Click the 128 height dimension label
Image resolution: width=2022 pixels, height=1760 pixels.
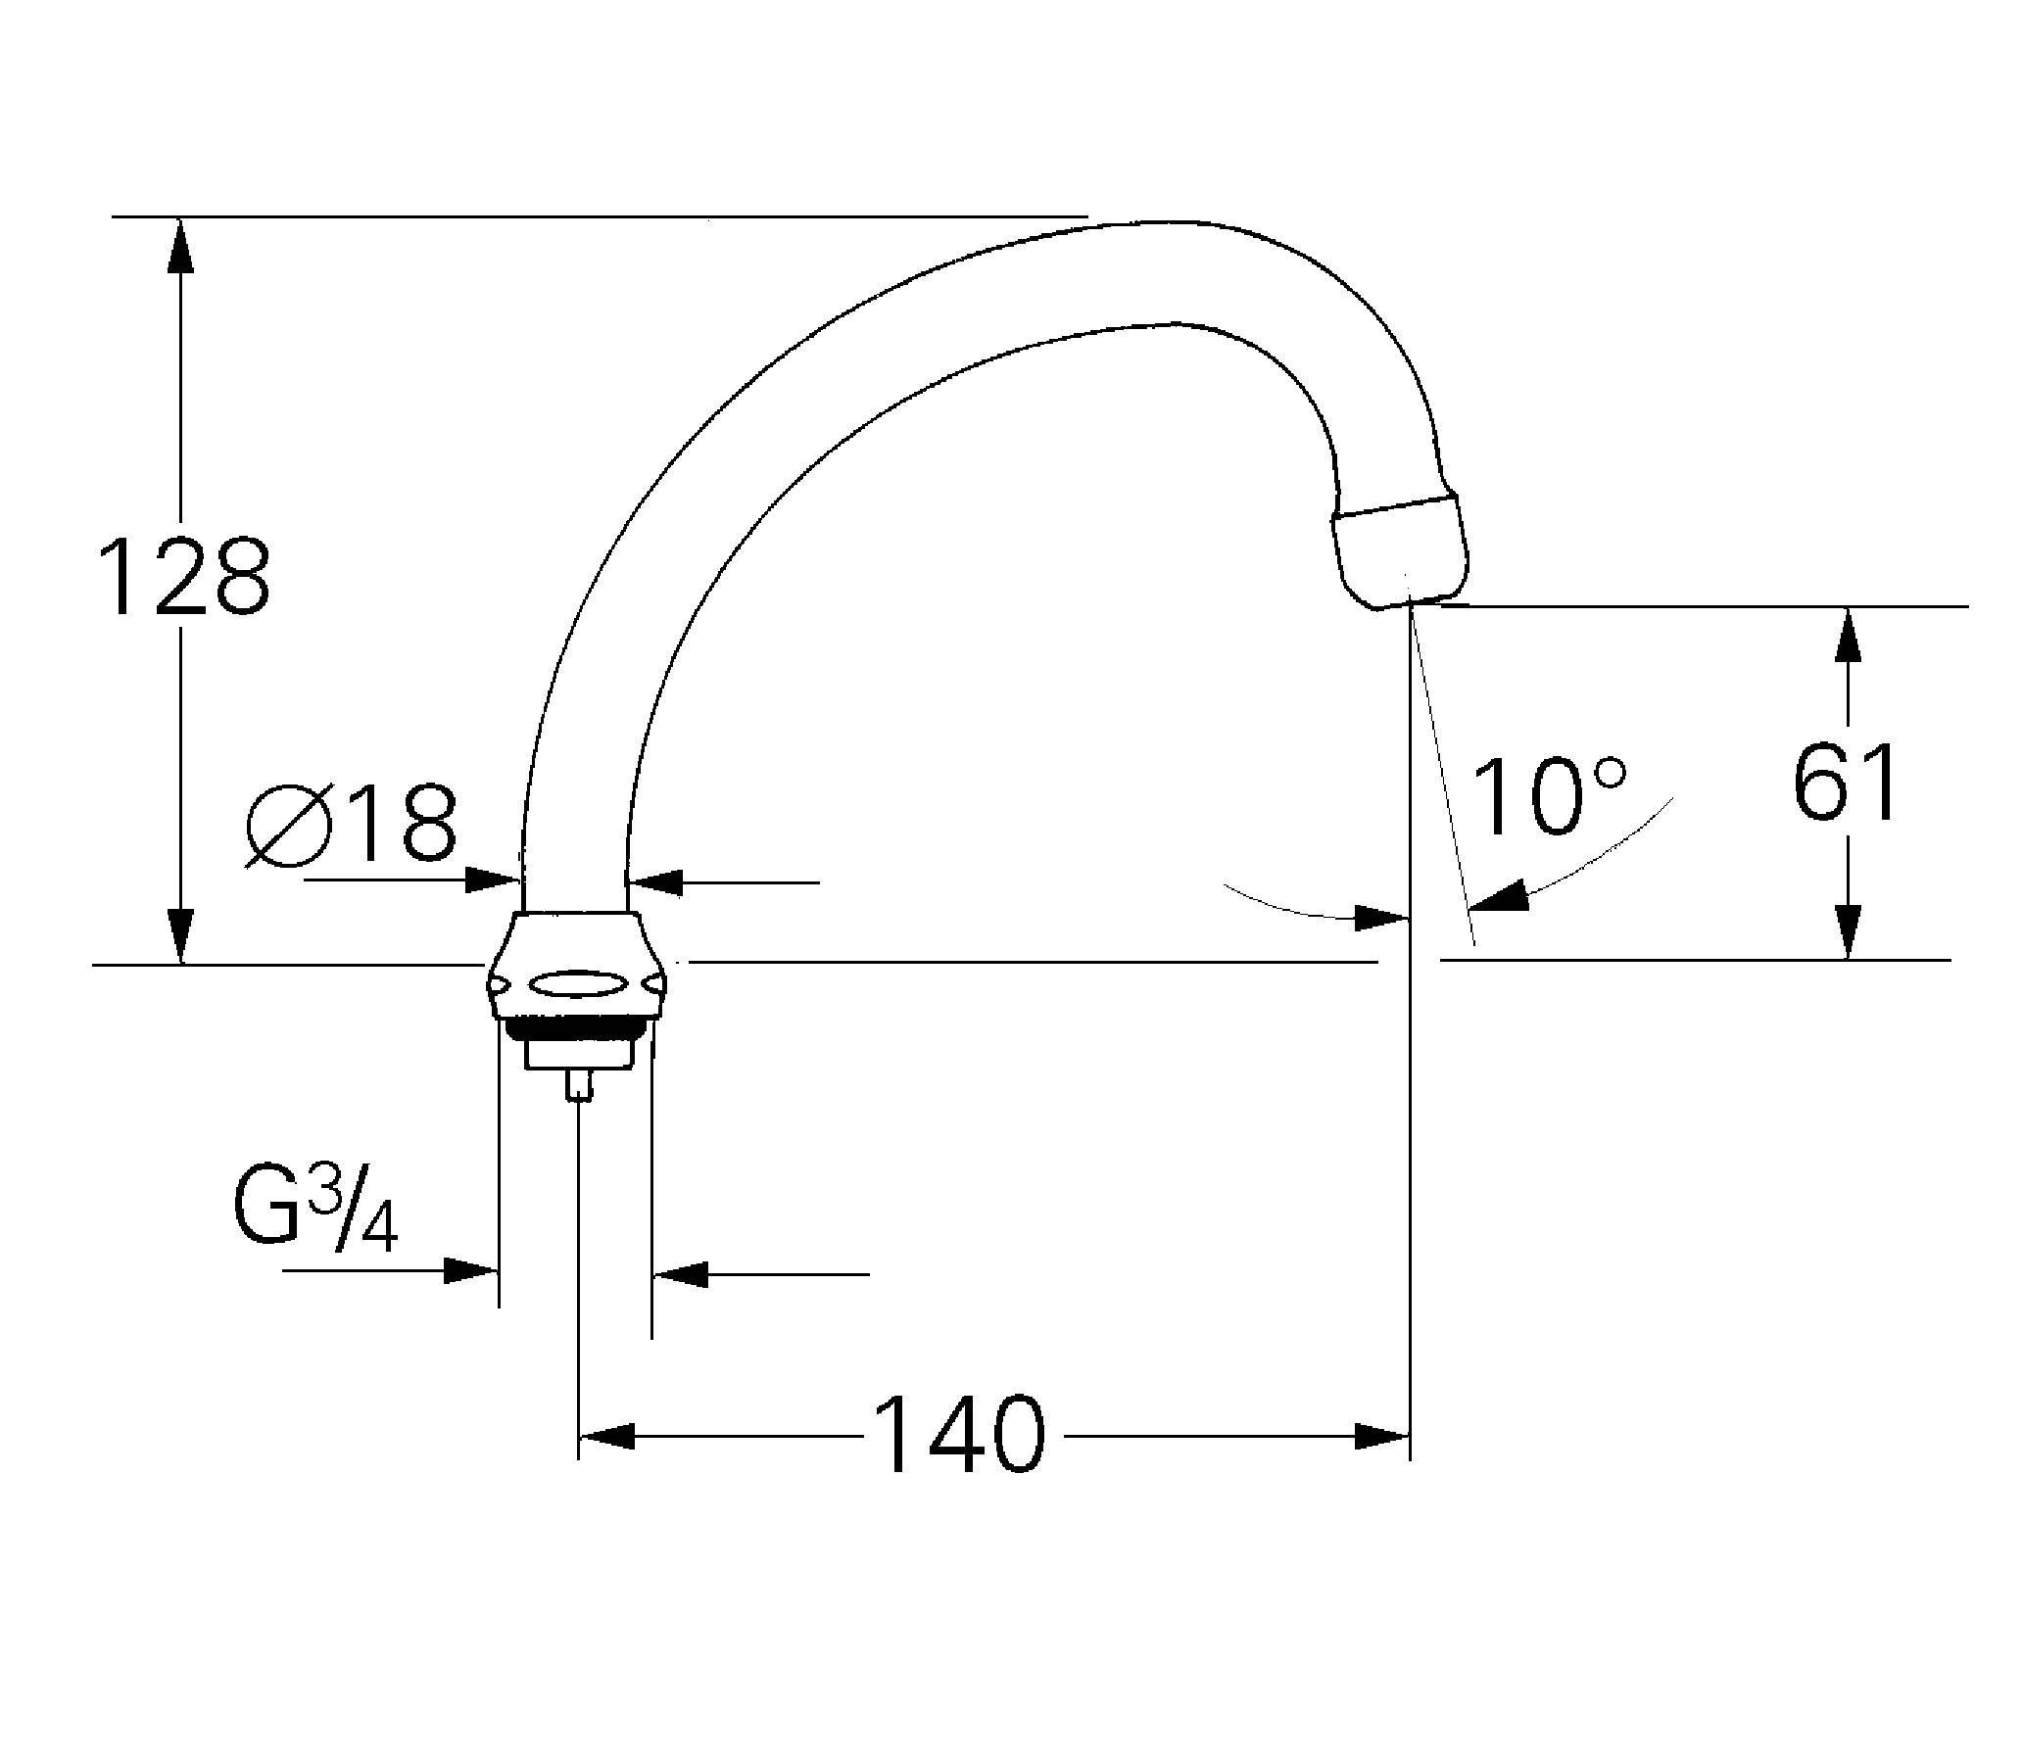[x=184, y=578]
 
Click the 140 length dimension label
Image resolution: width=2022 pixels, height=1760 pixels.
[x=959, y=1435]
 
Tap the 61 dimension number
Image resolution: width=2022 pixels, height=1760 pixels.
[x=1845, y=783]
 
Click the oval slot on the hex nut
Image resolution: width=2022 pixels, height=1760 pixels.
[x=576, y=985]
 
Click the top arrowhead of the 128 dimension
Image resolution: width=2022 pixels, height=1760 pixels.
[x=180, y=244]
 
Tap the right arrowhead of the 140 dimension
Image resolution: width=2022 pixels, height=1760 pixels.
[x=1380, y=1436]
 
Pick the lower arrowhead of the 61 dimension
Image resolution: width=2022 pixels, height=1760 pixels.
[x=1847, y=931]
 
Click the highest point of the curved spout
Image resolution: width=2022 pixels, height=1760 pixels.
[x=1169, y=224]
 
